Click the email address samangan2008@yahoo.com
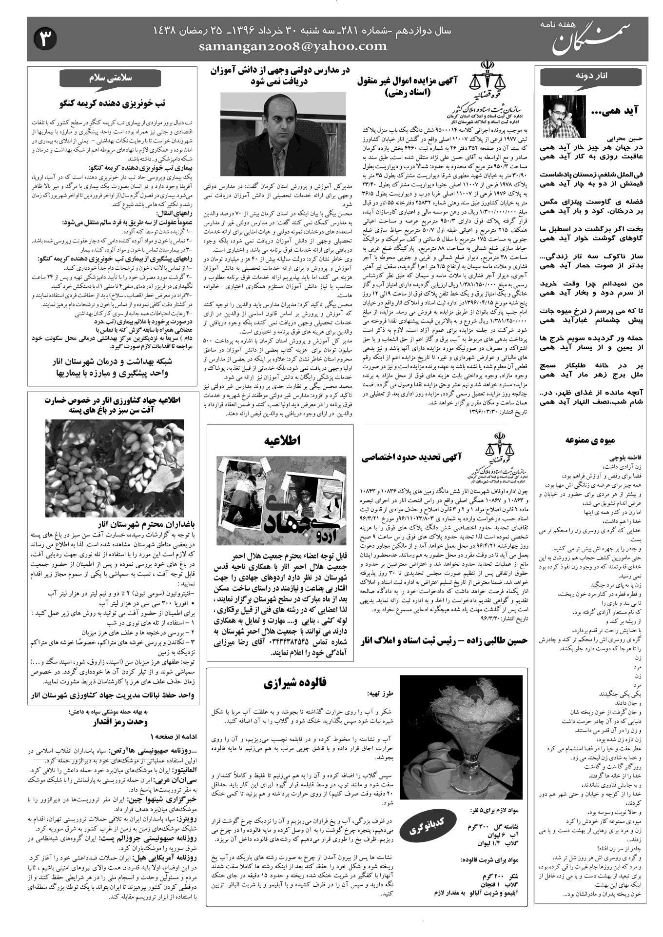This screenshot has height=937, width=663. point(293,46)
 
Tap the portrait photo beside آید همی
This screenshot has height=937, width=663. point(564,116)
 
